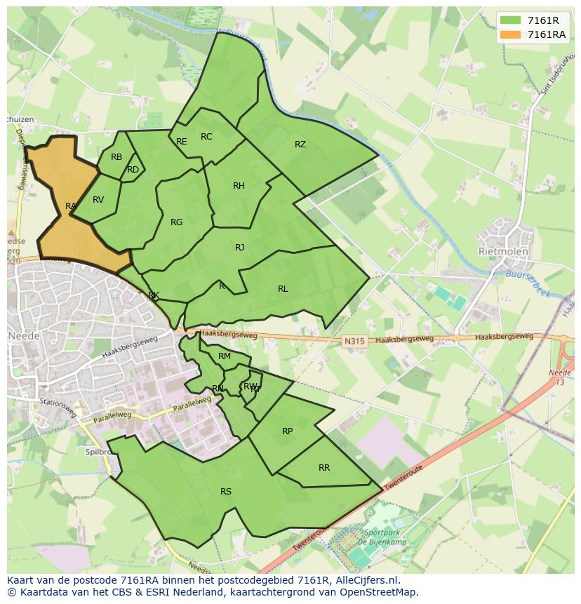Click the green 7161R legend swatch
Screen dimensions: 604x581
pos(511,20)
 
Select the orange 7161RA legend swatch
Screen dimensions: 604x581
pos(511,34)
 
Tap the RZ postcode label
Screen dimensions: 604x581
pos(300,145)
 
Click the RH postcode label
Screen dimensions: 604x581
pos(239,186)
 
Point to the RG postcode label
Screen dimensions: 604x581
pos(176,222)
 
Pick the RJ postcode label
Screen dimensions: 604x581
pos(240,248)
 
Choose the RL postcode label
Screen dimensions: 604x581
pos(283,289)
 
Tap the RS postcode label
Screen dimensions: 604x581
pos(226,492)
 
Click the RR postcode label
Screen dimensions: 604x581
pos(324,468)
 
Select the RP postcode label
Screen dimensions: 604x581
pos(287,431)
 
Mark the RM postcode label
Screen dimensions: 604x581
pos(225,356)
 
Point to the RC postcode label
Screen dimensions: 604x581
pos(206,137)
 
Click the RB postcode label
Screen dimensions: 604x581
pos(116,157)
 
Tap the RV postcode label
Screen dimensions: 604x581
pos(98,200)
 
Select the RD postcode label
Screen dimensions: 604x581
pos(133,170)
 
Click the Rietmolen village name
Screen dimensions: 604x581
pos(502,250)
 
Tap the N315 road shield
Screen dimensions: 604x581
pos(355,342)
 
